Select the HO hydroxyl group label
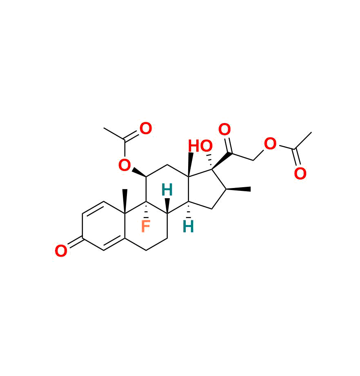tap(200, 146)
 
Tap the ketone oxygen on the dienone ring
tap(61, 251)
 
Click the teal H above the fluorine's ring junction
tap(167, 190)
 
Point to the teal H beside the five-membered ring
tap(188, 226)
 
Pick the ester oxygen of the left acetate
tap(124, 166)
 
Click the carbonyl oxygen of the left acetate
tap(146, 129)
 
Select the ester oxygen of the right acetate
tap(270, 144)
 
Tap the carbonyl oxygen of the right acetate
tap(300, 174)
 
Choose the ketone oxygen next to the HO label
tap(224, 130)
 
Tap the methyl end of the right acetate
tap(311, 132)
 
